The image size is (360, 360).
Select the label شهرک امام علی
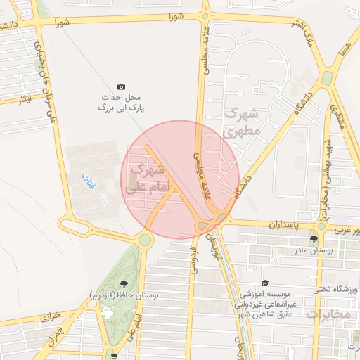pyautogui.click(x=147, y=177)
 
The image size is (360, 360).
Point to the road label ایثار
pyautogui.click(x=26, y=99)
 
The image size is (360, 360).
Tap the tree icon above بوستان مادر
pyautogui.click(x=314, y=239)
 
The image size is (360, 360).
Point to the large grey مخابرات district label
pyautogui.click(x=328, y=314)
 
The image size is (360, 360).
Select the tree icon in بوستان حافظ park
pyautogui.click(x=124, y=283)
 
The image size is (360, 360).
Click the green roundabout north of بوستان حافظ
pyautogui.click(x=145, y=240)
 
